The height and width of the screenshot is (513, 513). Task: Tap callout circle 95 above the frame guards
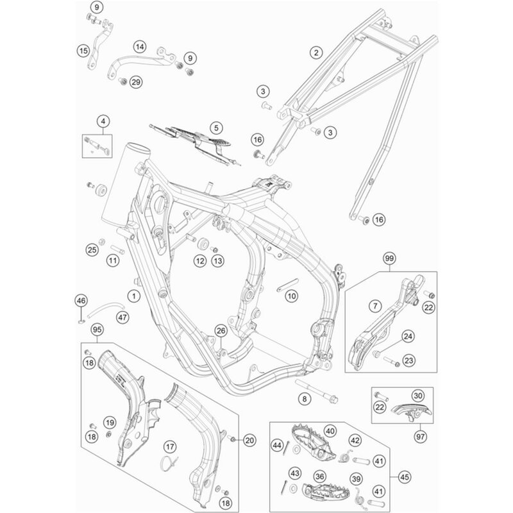97,330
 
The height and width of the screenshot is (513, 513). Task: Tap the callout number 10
292,296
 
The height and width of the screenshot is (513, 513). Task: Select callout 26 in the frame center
221,331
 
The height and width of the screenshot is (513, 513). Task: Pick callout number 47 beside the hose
122,317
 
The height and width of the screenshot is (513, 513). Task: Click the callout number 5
199,128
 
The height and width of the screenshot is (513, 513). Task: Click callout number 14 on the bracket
140,47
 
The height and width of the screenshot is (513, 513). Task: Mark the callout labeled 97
421,436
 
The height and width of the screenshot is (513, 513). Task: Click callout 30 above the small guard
417,395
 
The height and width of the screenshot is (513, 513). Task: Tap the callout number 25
92,249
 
